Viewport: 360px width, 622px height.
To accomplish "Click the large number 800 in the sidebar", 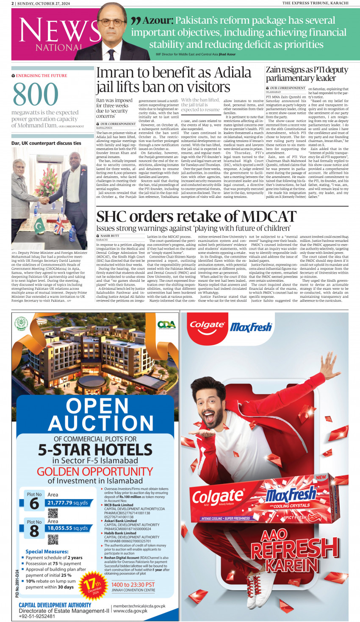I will (x=36, y=94).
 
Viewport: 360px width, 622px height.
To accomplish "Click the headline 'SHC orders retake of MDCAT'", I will (x=196, y=217).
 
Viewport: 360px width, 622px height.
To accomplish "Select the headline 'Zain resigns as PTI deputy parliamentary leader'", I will (x=307, y=74).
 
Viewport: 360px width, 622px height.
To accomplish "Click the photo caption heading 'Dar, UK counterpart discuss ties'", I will (x=46, y=143).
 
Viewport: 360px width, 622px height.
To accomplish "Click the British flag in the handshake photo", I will (x=59, y=225).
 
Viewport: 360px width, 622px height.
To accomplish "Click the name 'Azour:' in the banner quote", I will (x=158, y=20).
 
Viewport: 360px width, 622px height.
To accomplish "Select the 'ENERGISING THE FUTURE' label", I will (x=41, y=76).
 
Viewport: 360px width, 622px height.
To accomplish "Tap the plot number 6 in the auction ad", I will (x=34, y=504).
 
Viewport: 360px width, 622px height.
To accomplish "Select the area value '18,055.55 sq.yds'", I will (x=68, y=528).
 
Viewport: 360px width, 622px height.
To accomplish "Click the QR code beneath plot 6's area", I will (x=53, y=513).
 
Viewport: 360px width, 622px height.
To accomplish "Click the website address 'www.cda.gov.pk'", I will (x=130, y=611).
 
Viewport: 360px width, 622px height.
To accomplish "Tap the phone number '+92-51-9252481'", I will (x=37, y=616).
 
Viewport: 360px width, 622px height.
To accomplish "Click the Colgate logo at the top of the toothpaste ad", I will (x=207, y=325).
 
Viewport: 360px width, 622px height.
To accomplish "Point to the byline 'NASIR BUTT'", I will (x=110, y=236).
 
